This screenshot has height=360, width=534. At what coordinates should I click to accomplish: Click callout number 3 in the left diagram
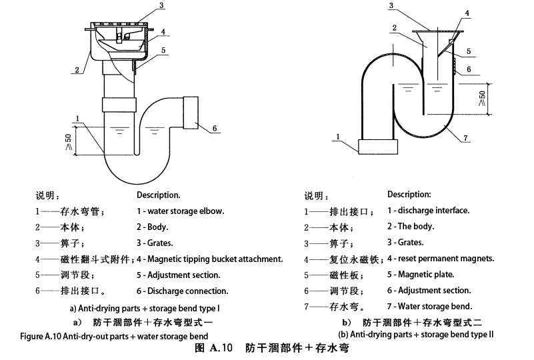[161, 6]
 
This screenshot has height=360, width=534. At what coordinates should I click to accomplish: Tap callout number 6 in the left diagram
[215, 127]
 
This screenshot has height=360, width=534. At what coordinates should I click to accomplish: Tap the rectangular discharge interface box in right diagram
[377, 146]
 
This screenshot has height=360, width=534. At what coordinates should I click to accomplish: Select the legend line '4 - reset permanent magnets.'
[440, 258]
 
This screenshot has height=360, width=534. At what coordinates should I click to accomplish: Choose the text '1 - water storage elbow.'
[181, 211]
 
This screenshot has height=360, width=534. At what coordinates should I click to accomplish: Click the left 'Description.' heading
[159, 195]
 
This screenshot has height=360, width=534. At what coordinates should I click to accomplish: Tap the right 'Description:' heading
[409, 194]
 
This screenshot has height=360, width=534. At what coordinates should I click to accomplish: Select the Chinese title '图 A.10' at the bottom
[213, 348]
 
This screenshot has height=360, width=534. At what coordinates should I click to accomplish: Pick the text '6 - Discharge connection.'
[183, 291]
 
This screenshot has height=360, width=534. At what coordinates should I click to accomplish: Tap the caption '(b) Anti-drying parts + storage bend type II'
[416, 334]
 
